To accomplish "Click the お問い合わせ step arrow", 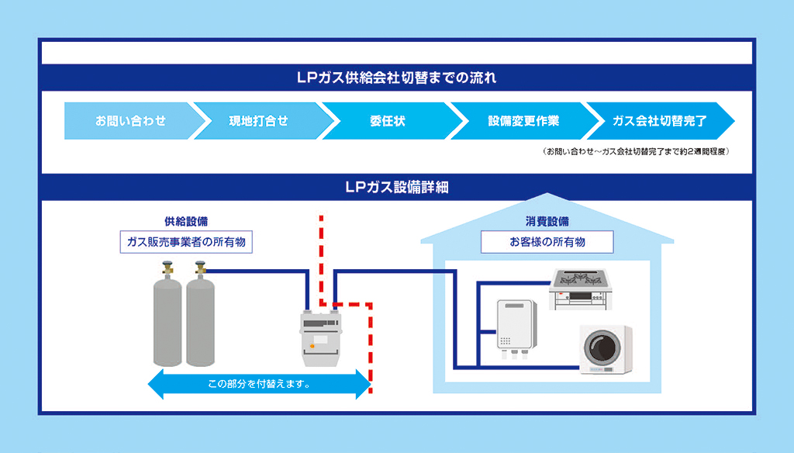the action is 130,121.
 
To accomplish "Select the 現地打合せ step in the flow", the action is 259,121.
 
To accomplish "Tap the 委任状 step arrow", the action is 388,121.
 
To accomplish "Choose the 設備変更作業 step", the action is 523,121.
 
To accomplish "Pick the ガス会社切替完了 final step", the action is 659,121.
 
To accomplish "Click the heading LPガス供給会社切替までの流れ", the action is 396,78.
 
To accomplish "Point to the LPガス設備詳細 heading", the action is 396,187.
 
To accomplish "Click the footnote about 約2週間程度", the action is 636,151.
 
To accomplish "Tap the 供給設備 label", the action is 186,221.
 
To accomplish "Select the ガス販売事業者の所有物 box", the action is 186,242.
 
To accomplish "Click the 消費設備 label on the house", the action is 547,221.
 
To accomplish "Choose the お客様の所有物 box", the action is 547,242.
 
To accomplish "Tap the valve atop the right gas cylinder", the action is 201,268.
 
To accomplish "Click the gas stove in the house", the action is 580,289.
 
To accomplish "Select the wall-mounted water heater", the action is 516,328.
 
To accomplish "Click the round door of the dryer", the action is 602,348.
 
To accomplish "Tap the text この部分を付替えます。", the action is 259,384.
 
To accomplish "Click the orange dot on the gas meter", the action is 312,346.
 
